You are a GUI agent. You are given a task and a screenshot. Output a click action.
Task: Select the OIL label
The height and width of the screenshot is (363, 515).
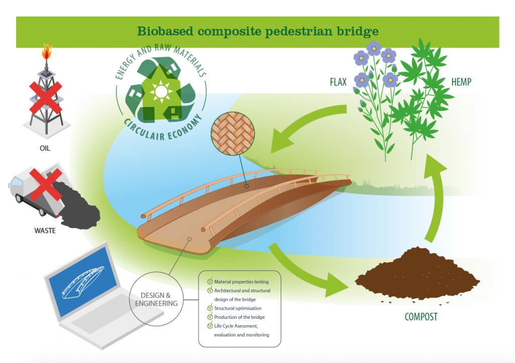(45, 148)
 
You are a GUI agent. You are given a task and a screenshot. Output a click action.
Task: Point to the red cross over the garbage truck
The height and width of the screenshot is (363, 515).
(47, 183)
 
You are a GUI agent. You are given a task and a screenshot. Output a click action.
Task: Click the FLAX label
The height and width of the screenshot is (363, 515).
(338, 82)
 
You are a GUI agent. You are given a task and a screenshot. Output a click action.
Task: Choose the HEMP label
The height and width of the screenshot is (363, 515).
(461, 82)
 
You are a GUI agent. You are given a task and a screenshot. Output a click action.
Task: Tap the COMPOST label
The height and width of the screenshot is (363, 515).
(421, 317)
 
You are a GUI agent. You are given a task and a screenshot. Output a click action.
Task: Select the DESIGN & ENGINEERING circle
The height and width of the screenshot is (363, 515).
(156, 299)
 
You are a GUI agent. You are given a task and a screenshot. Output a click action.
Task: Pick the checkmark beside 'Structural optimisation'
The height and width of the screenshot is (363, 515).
(210, 308)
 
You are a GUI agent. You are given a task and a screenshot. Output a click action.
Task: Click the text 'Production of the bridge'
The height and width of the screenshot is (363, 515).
(239, 317)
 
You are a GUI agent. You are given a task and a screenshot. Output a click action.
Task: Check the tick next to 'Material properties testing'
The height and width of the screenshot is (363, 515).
(210, 282)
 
